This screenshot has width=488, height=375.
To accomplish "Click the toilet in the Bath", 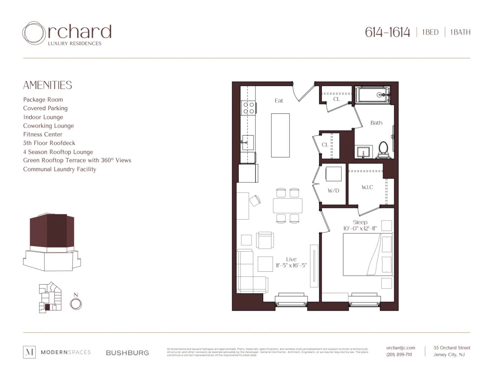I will [x=383, y=150].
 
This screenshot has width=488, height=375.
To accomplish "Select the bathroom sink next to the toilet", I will [x=363, y=152].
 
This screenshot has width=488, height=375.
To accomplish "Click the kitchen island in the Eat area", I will [x=280, y=135].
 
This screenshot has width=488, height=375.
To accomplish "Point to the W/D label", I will [x=333, y=191].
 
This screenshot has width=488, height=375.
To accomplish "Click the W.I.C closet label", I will [x=367, y=187].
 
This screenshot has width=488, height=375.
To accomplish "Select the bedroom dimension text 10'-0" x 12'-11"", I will [x=360, y=229].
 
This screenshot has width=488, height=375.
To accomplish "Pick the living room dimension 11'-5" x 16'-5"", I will [x=291, y=266].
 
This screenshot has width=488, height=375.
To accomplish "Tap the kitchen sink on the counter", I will [x=248, y=143].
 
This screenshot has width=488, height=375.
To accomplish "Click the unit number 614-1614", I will [x=387, y=33].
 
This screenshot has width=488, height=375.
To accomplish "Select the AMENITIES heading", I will [x=48, y=85].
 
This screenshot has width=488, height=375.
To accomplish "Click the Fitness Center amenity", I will [x=43, y=134].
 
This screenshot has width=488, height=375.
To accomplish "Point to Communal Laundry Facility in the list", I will [x=60, y=169].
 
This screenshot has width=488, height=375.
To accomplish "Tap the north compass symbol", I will [x=76, y=303].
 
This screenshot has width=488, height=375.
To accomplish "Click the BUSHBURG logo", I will [x=127, y=353].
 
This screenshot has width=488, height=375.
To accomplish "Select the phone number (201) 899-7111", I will [x=399, y=355].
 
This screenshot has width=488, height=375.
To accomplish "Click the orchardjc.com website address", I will [x=400, y=348].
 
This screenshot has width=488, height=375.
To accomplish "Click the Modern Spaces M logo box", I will [x=29, y=352].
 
